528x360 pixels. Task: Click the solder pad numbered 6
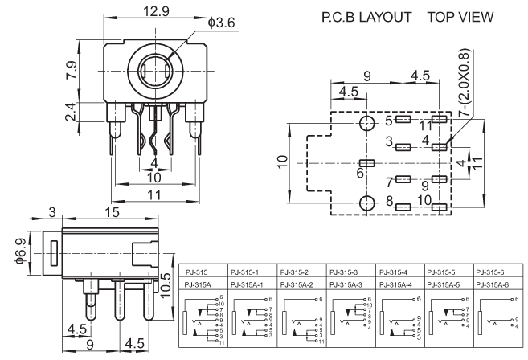click(x=368, y=163)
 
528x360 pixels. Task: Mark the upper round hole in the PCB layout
click(x=368, y=123)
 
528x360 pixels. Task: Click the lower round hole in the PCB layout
click(x=368, y=202)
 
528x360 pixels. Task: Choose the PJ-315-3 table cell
click(x=345, y=271)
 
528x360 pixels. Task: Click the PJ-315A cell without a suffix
click(x=199, y=284)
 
